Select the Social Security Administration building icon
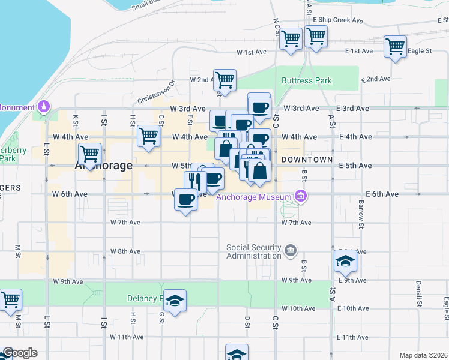click(x=291, y=250)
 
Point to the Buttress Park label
click(x=307, y=80)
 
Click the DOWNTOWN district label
click(x=307, y=160)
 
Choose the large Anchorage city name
click(x=103, y=166)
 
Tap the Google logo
click(x=19, y=353)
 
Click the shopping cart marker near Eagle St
click(x=395, y=46)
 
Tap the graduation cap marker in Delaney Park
click(x=175, y=301)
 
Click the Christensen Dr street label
click(x=155, y=92)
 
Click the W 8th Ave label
click(x=125, y=251)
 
